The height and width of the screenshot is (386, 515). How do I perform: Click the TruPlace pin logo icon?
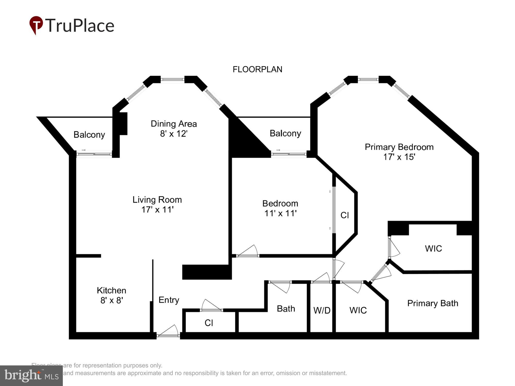pyautogui.click(x=36, y=25)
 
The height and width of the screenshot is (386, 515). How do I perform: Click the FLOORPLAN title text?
pyautogui.click(x=257, y=69)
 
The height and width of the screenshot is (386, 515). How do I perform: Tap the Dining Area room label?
pyautogui.click(x=174, y=124)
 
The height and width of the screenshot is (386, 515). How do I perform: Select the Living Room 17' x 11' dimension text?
pyautogui.click(x=157, y=210)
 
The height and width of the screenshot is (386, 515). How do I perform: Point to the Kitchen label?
pyautogui.click(x=111, y=291)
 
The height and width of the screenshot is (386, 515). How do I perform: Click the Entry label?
pyautogui.click(x=169, y=300)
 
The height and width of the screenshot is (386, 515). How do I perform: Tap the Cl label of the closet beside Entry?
pyautogui.click(x=209, y=323)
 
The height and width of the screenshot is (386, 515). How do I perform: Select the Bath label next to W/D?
pyautogui.click(x=286, y=309)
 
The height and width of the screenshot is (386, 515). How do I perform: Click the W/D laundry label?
pyautogui.click(x=322, y=311)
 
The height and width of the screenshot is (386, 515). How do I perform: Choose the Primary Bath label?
pyautogui.click(x=433, y=303)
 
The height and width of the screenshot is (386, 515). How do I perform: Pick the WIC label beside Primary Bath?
pyautogui.click(x=358, y=310)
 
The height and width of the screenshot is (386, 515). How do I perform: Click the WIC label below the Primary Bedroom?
pyautogui.click(x=433, y=249)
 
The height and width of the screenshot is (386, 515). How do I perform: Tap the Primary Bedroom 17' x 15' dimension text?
pyautogui.click(x=399, y=157)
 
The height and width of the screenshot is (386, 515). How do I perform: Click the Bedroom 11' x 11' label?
pyautogui.click(x=280, y=208)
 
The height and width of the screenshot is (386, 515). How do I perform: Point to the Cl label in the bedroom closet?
pyautogui.click(x=345, y=215)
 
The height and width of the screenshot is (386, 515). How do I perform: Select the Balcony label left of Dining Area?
pyautogui.click(x=89, y=135)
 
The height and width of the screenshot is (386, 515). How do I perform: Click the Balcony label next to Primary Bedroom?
pyautogui.click(x=285, y=134)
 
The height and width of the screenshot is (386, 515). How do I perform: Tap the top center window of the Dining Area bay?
pyautogui.click(x=173, y=80)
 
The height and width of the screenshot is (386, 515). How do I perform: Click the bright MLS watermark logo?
pyautogui.click(x=31, y=376)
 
